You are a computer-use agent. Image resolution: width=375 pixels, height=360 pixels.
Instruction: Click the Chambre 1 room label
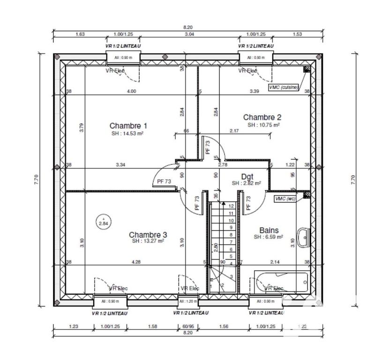128,125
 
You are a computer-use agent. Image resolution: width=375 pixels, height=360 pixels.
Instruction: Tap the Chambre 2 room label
262,117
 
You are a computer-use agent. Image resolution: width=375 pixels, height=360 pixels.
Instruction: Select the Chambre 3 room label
148,234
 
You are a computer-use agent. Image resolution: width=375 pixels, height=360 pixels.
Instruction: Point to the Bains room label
269,230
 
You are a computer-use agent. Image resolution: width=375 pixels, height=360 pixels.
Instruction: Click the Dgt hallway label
247,176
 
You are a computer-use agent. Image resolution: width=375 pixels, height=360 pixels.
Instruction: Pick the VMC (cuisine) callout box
283,87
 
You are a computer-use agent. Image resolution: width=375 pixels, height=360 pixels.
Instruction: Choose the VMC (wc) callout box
285,199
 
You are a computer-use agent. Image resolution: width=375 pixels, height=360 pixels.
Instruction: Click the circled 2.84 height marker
103,221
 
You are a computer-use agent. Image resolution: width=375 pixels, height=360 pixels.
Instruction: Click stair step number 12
231,206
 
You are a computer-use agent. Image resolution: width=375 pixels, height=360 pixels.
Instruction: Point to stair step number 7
231,242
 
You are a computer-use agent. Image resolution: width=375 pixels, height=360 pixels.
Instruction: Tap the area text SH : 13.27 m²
148,241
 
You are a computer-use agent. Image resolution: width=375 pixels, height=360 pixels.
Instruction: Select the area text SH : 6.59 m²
269,237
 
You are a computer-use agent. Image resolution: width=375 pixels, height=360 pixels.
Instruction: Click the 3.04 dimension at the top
189,34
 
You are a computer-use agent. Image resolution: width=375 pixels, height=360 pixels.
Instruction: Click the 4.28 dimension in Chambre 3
136,261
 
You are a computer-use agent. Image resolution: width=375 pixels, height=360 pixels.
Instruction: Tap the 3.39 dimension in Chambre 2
255,91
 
